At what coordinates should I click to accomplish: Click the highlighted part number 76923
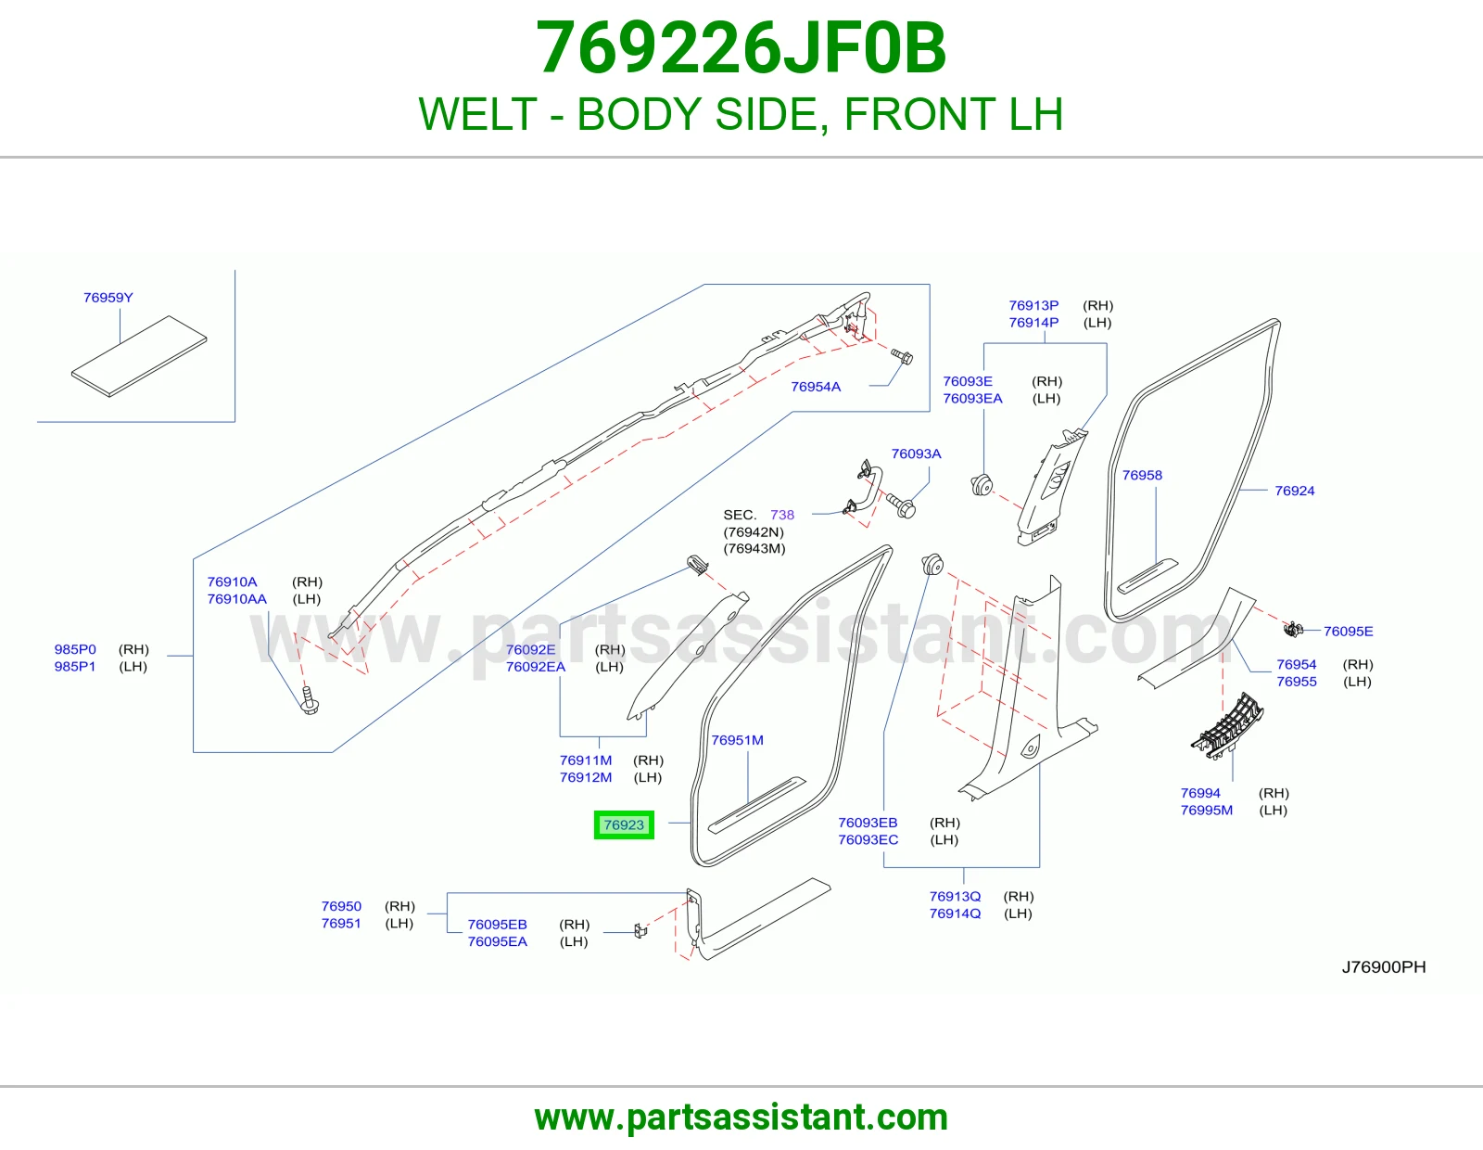click(x=623, y=825)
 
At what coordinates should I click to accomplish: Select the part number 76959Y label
click(x=108, y=298)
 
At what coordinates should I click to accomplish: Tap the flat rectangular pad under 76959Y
click(x=138, y=356)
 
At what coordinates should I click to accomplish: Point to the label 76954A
click(x=816, y=387)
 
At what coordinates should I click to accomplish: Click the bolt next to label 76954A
click(x=902, y=356)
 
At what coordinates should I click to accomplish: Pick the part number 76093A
click(x=916, y=454)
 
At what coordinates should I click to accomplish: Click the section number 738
click(x=782, y=515)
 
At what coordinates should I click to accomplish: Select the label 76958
click(x=1142, y=475)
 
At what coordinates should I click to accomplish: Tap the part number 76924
click(x=1294, y=491)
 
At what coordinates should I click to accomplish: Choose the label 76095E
click(x=1348, y=631)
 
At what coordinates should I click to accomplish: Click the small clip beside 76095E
click(x=1293, y=629)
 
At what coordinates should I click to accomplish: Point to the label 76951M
click(x=737, y=740)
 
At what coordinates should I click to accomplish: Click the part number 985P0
click(x=75, y=649)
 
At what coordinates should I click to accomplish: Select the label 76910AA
click(x=236, y=599)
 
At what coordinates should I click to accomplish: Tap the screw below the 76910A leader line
click(x=310, y=700)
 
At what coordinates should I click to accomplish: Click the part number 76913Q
click(x=955, y=896)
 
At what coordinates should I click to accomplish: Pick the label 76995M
click(x=1207, y=810)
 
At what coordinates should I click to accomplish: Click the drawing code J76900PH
click(x=1383, y=967)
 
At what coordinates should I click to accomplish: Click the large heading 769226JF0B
click(x=741, y=48)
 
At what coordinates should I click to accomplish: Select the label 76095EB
click(x=497, y=925)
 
